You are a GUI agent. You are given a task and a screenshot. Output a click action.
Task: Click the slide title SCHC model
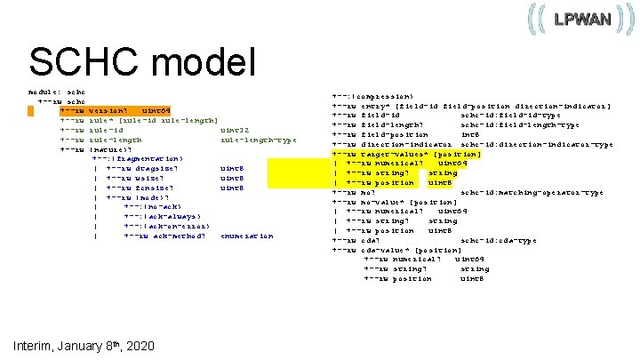pos(142,62)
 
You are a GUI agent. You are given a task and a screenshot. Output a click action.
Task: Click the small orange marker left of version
pos(30,111)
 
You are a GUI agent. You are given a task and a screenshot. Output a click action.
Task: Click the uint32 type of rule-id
pos(234,130)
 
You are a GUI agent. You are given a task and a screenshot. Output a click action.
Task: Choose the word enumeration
pos(247,236)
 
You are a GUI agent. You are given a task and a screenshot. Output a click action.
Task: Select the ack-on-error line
pos(162,226)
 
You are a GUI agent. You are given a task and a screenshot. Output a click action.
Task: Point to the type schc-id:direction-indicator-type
pos(536,144)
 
